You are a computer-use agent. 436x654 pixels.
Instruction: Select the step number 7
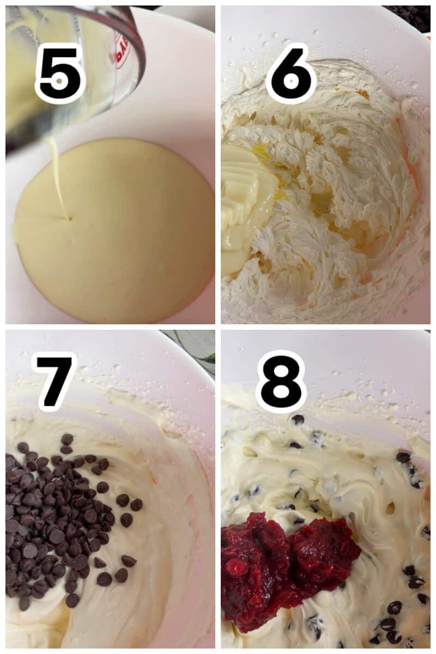pos(53,381)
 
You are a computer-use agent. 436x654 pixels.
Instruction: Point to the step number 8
pos(281,381)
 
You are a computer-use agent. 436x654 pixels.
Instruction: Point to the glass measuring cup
pos(82,65)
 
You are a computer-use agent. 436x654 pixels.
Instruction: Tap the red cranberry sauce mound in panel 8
pos(283,561)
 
